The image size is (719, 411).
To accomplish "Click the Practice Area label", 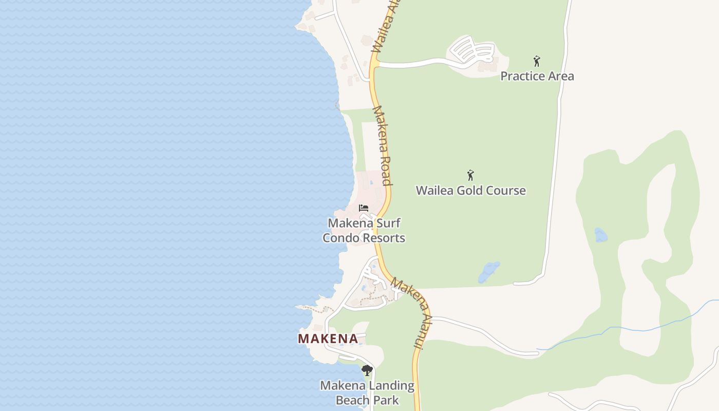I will click(x=537, y=76).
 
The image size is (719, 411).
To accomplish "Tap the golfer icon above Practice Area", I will click(x=537, y=61).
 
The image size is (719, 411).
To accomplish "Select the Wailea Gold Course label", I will click(x=470, y=191).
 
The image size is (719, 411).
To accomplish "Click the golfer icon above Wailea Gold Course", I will click(x=470, y=175).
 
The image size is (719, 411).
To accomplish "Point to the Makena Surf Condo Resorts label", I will click(x=364, y=230).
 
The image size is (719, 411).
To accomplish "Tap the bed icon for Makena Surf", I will click(x=364, y=208).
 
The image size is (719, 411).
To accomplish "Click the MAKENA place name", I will click(x=328, y=339).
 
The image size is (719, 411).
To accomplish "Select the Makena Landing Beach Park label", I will click(x=367, y=393).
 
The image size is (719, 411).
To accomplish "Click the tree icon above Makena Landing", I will click(x=367, y=370).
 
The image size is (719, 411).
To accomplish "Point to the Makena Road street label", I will click(x=383, y=145).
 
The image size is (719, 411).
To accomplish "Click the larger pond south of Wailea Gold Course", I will click(x=489, y=272).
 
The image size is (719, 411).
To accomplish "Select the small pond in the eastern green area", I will click(x=600, y=235).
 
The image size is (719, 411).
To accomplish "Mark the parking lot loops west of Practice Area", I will click(x=471, y=50).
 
